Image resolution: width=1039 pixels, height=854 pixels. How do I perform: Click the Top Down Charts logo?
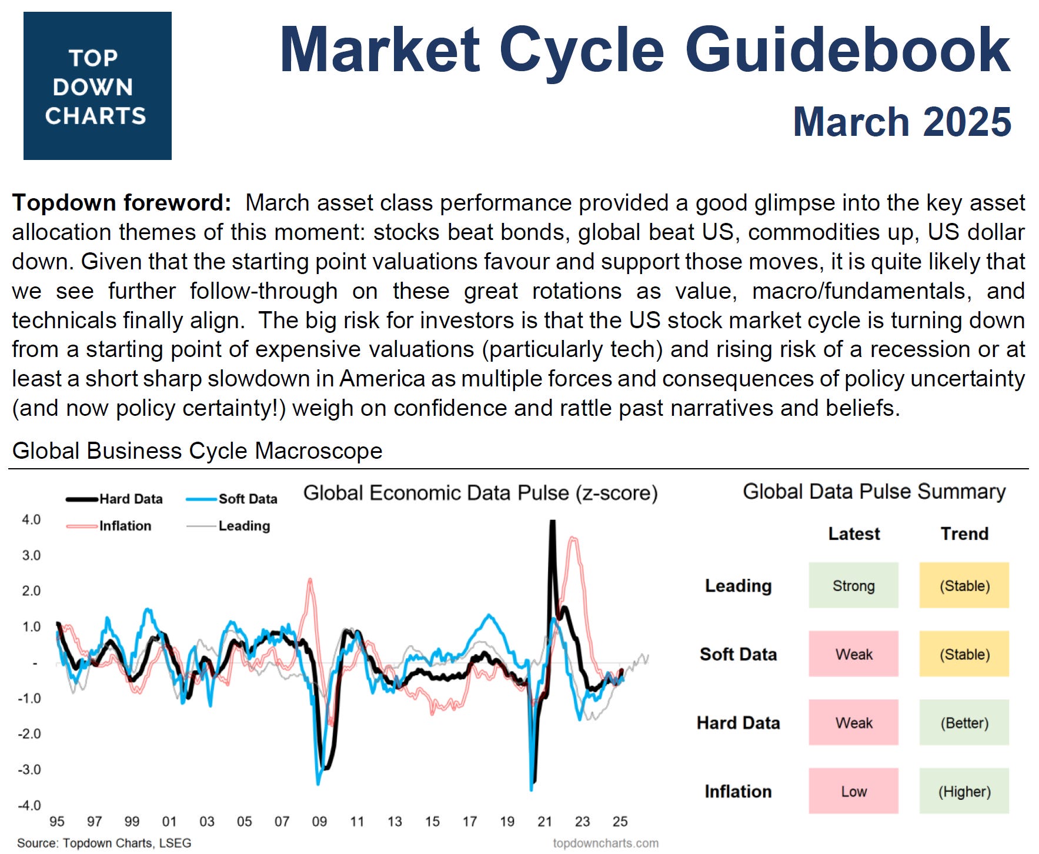[x=97, y=86]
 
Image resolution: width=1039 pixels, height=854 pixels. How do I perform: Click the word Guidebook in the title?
[x=847, y=51]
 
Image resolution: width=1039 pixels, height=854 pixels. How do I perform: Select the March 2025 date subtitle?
[x=901, y=122]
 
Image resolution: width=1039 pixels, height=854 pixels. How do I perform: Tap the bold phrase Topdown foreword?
[x=122, y=202]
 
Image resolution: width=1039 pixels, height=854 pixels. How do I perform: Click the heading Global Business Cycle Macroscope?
[x=197, y=451]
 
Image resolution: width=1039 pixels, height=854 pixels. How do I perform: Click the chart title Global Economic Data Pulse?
[x=480, y=493]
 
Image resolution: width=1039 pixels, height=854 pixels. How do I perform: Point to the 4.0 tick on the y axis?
[x=31, y=519]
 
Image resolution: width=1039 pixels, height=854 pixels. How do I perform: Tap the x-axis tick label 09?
[x=319, y=822]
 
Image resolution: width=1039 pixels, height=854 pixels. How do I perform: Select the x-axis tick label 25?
[x=620, y=822]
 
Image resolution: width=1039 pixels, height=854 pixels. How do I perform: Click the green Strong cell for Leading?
[x=853, y=585]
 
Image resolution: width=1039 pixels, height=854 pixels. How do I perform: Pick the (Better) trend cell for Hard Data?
[x=964, y=722]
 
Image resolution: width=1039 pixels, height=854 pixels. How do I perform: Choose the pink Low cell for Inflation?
[x=853, y=791]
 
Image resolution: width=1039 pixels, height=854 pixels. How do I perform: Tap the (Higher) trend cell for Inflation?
[x=964, y=791]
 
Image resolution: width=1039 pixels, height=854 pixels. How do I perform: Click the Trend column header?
[x=964, y=533]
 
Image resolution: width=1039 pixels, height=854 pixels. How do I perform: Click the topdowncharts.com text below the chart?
[x=605, y=843]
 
